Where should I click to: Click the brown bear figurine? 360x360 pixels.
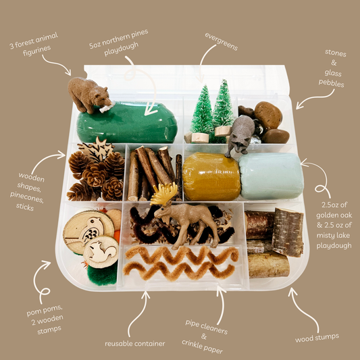coord(88,95)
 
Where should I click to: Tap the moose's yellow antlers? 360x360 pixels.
coord(164,194)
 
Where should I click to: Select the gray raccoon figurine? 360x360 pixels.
coord(240,136)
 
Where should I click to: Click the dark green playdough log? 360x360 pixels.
coord(127,123)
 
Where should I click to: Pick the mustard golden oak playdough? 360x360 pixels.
coord(211,176)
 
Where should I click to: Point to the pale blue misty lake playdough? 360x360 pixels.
coord(271,176)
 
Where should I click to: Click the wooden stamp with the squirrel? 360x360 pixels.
coord(101,252)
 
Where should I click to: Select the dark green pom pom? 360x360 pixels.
coord(102,274)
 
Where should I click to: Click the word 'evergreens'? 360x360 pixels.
coord(222,42)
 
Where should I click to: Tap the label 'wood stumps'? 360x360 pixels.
coord(317,338)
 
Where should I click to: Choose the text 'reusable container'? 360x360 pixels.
coord(135,344)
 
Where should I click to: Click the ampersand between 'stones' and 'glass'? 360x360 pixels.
coord(334,63)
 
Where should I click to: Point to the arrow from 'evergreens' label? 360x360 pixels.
coord(203,60)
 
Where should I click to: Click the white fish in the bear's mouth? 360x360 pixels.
coord(107,107)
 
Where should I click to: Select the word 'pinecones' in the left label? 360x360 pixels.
coord(26,197)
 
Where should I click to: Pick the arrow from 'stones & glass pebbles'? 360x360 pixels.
coord(315,98)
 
